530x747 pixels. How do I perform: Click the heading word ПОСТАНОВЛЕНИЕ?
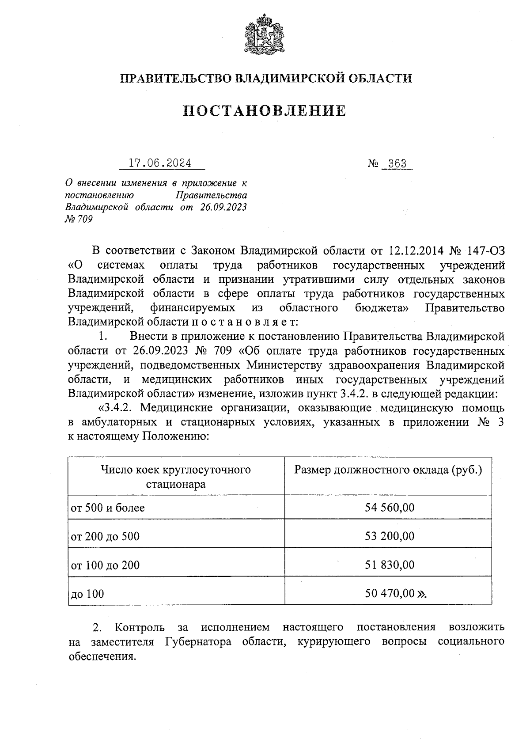click(x=265, y=111)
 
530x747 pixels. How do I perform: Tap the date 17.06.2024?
click(x=160, y=163)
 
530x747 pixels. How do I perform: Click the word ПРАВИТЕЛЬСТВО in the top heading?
click(x=175, y=79)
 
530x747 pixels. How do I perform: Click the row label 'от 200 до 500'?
click(x=105, y=537)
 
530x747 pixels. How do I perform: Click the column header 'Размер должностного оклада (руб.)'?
click(x=388, y=470)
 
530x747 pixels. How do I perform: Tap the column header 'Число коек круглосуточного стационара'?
click(x=176, y=477)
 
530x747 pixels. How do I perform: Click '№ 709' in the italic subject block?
click(x=79, y=219)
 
